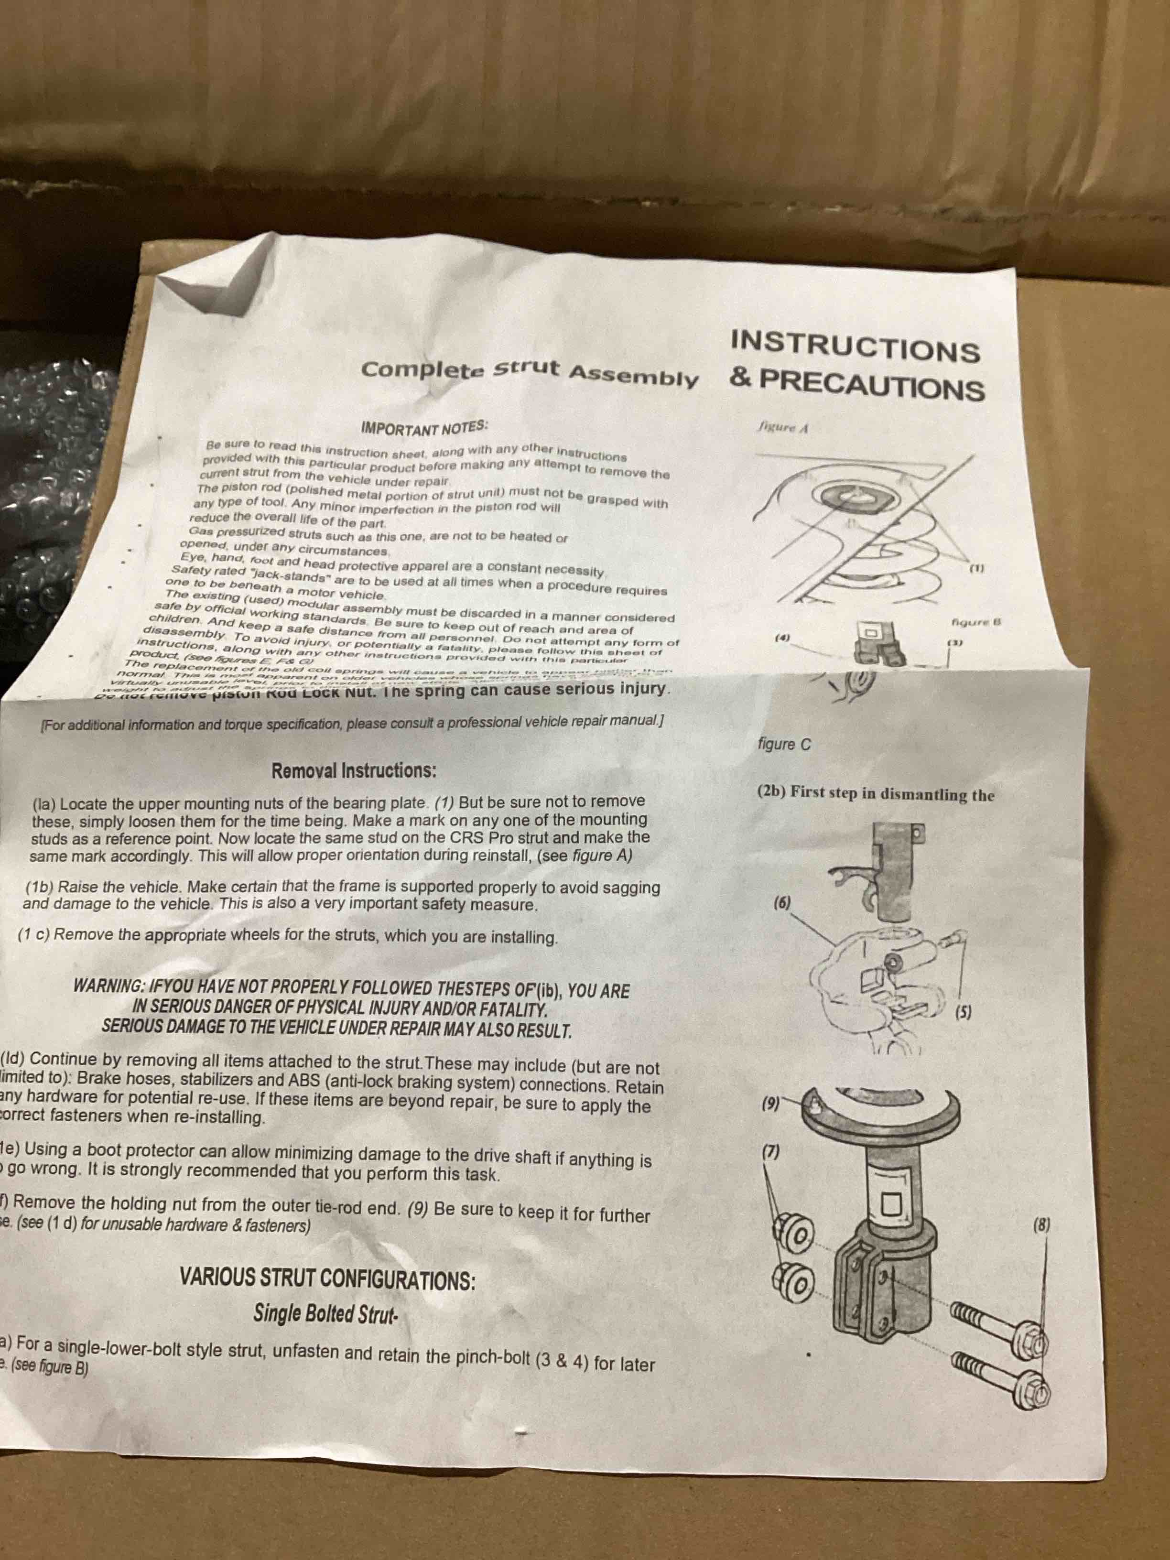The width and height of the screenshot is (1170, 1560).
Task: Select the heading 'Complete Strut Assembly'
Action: (x=529, y=373)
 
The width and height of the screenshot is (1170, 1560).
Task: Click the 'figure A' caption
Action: (x=782, y=427)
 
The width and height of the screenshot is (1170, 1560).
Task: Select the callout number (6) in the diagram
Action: (x=782, y=903)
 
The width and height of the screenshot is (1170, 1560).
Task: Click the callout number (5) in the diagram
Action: (x=964, y=1013)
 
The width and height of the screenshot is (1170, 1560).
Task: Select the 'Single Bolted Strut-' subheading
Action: (x=326, y=1314)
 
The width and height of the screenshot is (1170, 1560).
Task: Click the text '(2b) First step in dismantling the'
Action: (x=875, y=793)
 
